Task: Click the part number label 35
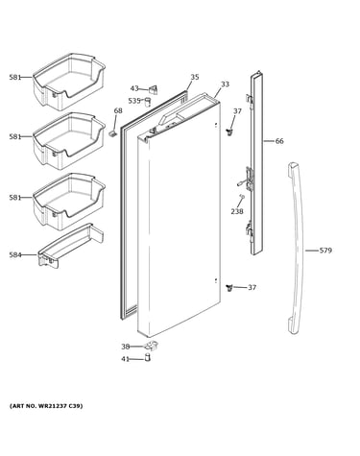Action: coord(195,77)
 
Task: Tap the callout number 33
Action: coord(225,84)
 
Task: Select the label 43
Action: coord(134,88)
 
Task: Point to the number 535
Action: coord(134,101)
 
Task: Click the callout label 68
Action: coord(118,110)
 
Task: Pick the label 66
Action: coord(279,141)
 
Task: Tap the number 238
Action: coord(237,211)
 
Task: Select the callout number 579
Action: coord(325,251)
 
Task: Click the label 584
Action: coord(15,255)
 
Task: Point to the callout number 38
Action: coord(125,347)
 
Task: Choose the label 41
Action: coord(125,359)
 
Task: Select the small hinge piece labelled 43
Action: coord(154,89)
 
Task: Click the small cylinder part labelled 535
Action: coord(148,102)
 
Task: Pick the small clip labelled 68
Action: coord(112,133)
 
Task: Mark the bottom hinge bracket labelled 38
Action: coord(152,346)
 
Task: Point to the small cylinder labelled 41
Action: coord(147,357)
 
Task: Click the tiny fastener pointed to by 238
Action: coord(242,196)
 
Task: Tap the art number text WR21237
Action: coord(54,406)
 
